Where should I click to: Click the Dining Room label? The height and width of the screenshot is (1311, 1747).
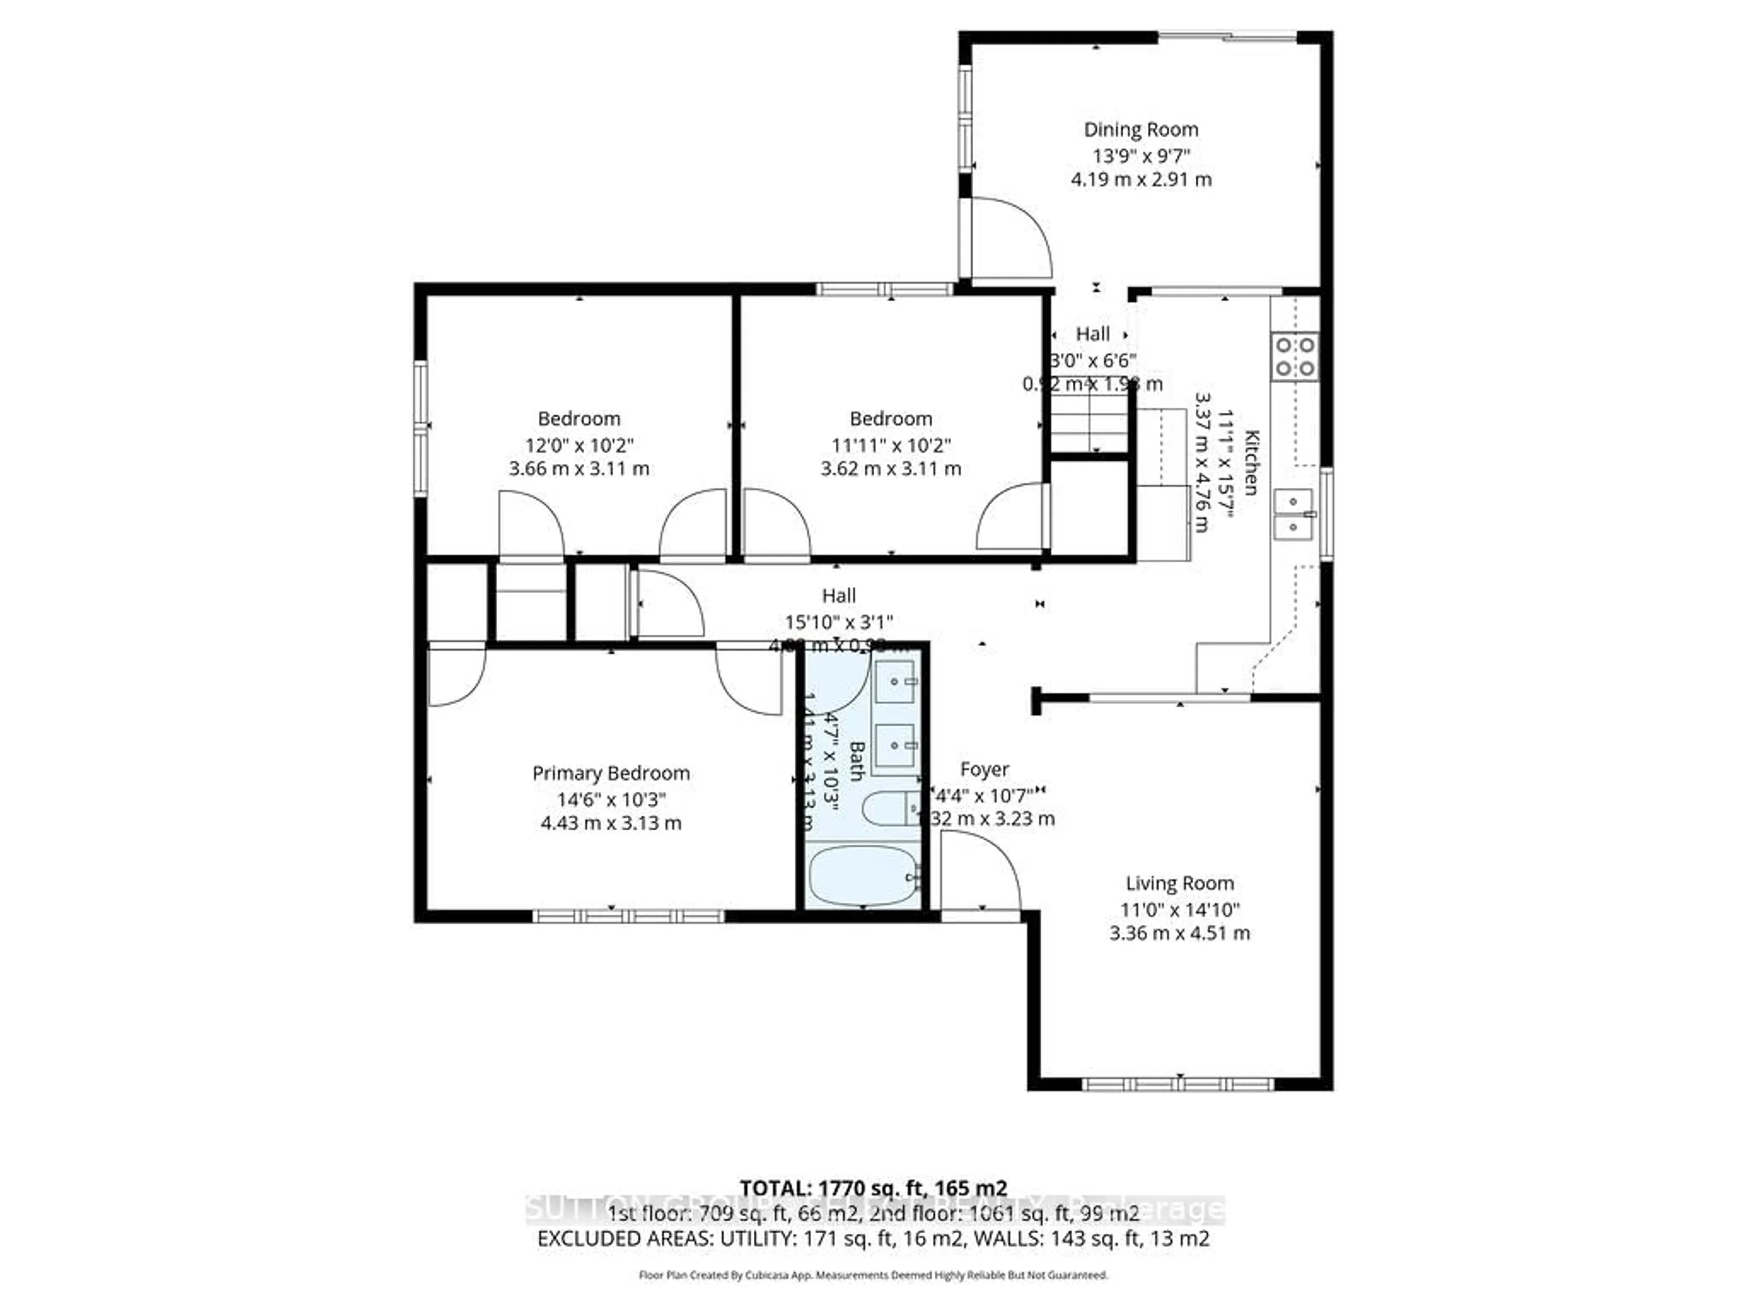pyautogui.click(x=1141, y=130)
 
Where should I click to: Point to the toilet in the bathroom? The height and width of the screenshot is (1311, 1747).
pyautogui.click(x=889, y=809)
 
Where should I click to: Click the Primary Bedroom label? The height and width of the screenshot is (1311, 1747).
pyautogui.click(x=611, y=773)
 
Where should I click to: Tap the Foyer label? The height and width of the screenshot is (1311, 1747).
pyautogui.click(x=984, y=769)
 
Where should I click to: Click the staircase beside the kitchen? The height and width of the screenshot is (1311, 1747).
pyautogui.click(x=1088, y=423)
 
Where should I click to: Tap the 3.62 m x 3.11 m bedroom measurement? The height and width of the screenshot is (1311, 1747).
pyautogui.click(x=891, y=468)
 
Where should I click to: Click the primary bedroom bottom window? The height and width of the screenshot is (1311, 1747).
pyautogui.click(x=629, y=917)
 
